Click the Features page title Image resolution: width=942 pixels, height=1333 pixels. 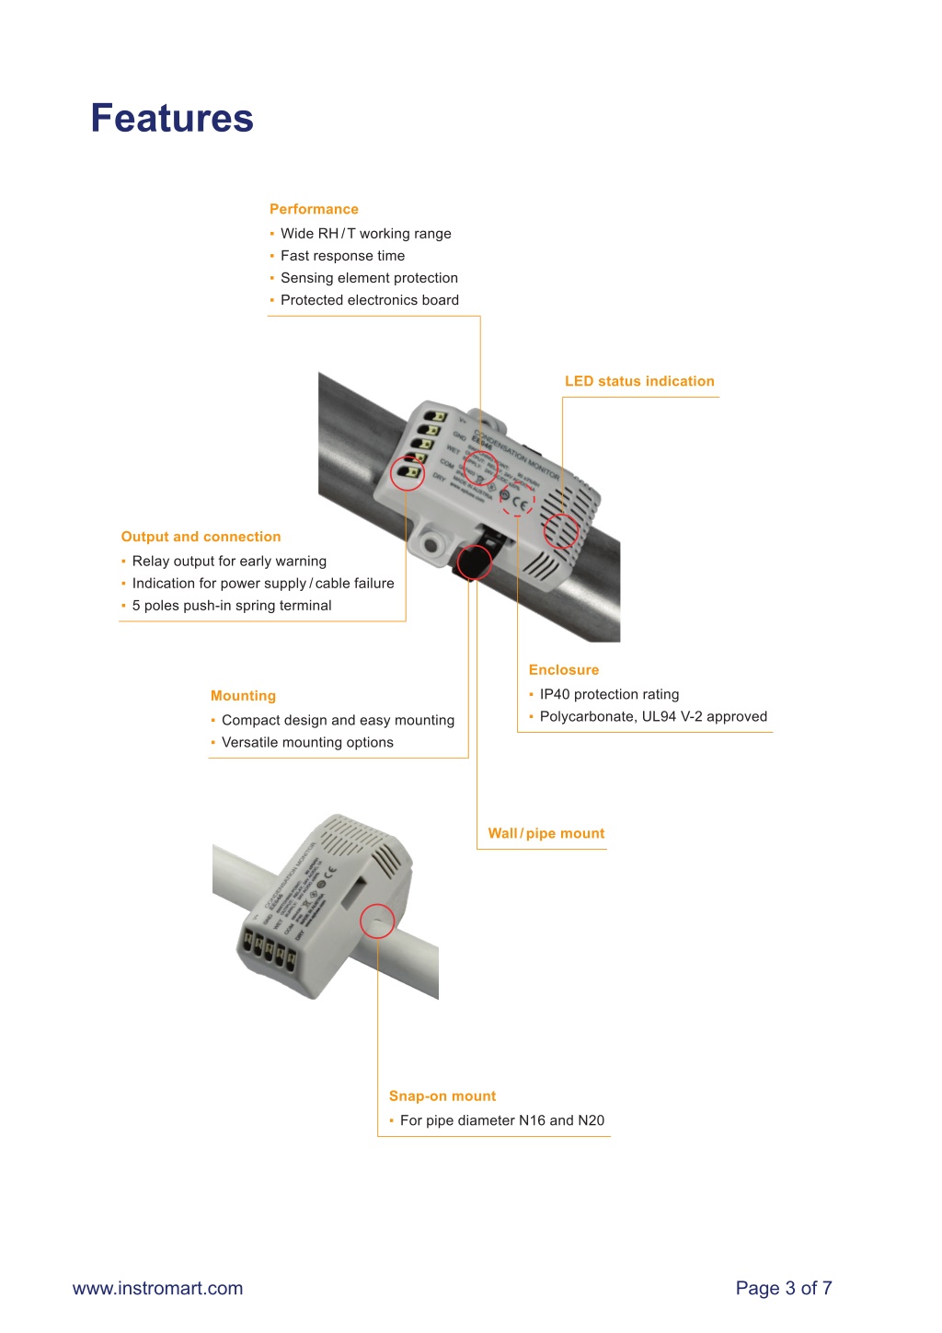click(172, 119)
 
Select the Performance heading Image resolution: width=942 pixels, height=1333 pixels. click(314, 209)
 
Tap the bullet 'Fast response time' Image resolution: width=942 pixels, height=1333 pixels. click(342, 256)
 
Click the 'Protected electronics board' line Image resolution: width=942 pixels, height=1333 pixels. click(369, 300)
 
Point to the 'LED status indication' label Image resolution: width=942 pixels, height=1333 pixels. click(639, 381)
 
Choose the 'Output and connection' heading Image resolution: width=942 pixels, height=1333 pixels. click(201, 537)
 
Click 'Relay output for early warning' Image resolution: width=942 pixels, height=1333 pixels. click(229, 562)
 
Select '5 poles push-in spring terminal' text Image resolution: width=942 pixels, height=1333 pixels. click(232, 606)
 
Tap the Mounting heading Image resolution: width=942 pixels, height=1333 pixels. click(243, 696)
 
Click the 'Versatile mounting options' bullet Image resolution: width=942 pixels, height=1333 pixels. click(307, 743)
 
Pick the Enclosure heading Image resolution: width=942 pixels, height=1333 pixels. click(564, 670)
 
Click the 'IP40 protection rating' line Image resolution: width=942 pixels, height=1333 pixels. click(609, 695)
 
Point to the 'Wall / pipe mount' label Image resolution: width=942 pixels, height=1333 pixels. click(546, 833)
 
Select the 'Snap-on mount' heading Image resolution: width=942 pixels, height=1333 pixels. click(442, 1096)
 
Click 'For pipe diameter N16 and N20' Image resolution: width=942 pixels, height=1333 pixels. click(502, 1120)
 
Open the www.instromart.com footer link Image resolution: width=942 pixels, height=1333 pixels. click(158, 1288)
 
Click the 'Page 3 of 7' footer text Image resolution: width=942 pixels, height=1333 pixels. click(784, 1288)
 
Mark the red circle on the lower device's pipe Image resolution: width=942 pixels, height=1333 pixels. click(377, 921)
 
